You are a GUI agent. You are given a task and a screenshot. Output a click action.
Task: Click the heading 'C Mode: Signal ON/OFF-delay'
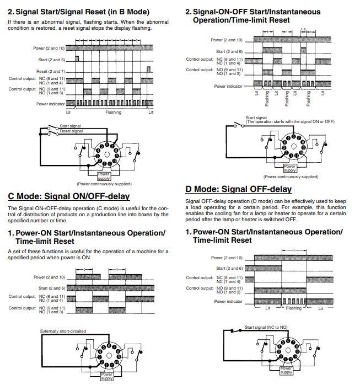tap(68, 196)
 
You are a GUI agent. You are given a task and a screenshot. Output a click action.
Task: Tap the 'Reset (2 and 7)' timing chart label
tap(51, 71)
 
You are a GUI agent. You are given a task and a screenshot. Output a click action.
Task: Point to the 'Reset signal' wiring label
tap(71, 131)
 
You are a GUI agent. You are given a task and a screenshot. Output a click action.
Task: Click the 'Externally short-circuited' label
tap(63, 331)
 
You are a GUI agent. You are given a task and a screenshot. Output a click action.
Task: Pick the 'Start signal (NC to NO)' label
tap(266, 327)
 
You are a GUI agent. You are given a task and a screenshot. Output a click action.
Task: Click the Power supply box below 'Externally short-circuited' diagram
tap(106, 376)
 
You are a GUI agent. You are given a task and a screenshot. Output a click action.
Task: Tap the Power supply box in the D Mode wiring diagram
tap(286, 370)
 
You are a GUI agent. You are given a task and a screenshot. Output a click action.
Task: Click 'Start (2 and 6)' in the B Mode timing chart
tap(51, 60)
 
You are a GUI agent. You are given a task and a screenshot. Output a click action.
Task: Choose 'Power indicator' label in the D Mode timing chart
tap(228, 301)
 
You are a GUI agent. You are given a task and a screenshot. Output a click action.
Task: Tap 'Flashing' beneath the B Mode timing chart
tap(113, 113)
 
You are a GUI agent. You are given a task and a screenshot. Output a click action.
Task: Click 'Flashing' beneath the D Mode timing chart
tap(293, 308)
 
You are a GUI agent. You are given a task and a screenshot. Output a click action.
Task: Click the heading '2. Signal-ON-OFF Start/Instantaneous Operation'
tap(256, 12)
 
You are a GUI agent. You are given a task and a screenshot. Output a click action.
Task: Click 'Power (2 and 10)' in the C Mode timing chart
tap(49, 277)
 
